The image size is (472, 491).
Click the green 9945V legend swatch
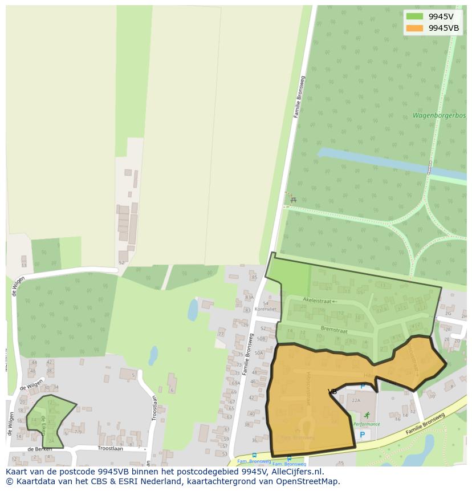(x=414, y=17)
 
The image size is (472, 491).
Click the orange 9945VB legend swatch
(x=414, y=28)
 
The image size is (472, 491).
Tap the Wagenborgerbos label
(x=439, y=116)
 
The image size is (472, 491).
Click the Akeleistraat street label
(x=318, y=300)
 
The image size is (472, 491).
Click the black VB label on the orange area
(x=332, y=392)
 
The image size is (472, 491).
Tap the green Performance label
(x=367, y=424)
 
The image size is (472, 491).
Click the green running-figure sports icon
(x=367, y=415)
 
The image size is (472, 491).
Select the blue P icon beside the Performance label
(x=361, y=435)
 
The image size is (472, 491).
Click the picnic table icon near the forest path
(x=293, y=200)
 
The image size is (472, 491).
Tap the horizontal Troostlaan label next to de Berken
(x=95, y=449)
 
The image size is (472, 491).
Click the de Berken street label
(x=39, y=449)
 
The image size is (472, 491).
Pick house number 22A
(x=356, y=400)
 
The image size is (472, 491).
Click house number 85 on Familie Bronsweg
(x=254, y=278)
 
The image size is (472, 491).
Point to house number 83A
(x=249, y=297)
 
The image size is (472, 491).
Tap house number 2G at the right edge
(x=448, y=313)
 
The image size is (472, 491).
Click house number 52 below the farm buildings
(x=121, y=263)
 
